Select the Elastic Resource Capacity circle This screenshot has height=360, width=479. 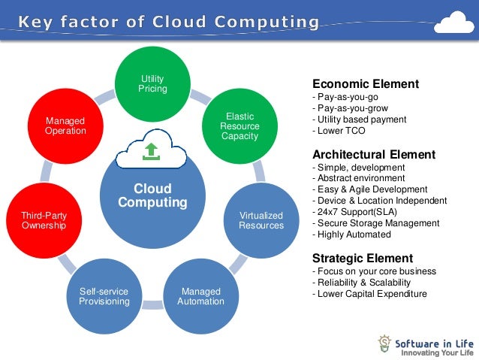point(239,126)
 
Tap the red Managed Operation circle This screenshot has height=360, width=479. point(65,126)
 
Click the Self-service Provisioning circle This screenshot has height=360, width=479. point(104,295)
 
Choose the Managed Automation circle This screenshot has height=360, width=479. point(200,295)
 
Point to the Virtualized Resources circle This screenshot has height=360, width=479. point(261,220)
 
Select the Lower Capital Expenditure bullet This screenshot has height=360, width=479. point(369,294)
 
